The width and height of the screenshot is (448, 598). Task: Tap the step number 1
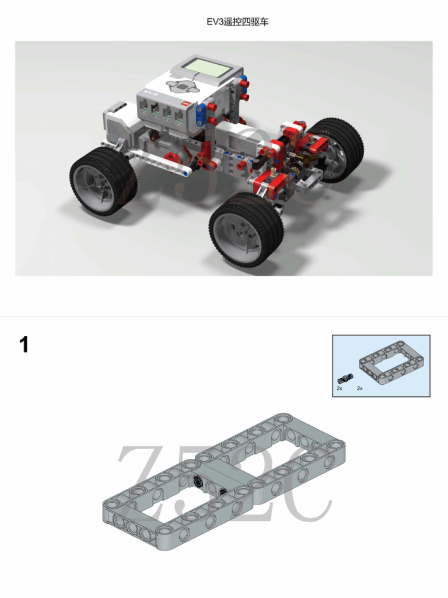[24, 345]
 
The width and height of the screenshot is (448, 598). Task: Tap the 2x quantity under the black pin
[339, 388]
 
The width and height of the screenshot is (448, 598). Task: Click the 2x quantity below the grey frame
[360, 388]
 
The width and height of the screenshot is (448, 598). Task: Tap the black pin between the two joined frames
[198, 482]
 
